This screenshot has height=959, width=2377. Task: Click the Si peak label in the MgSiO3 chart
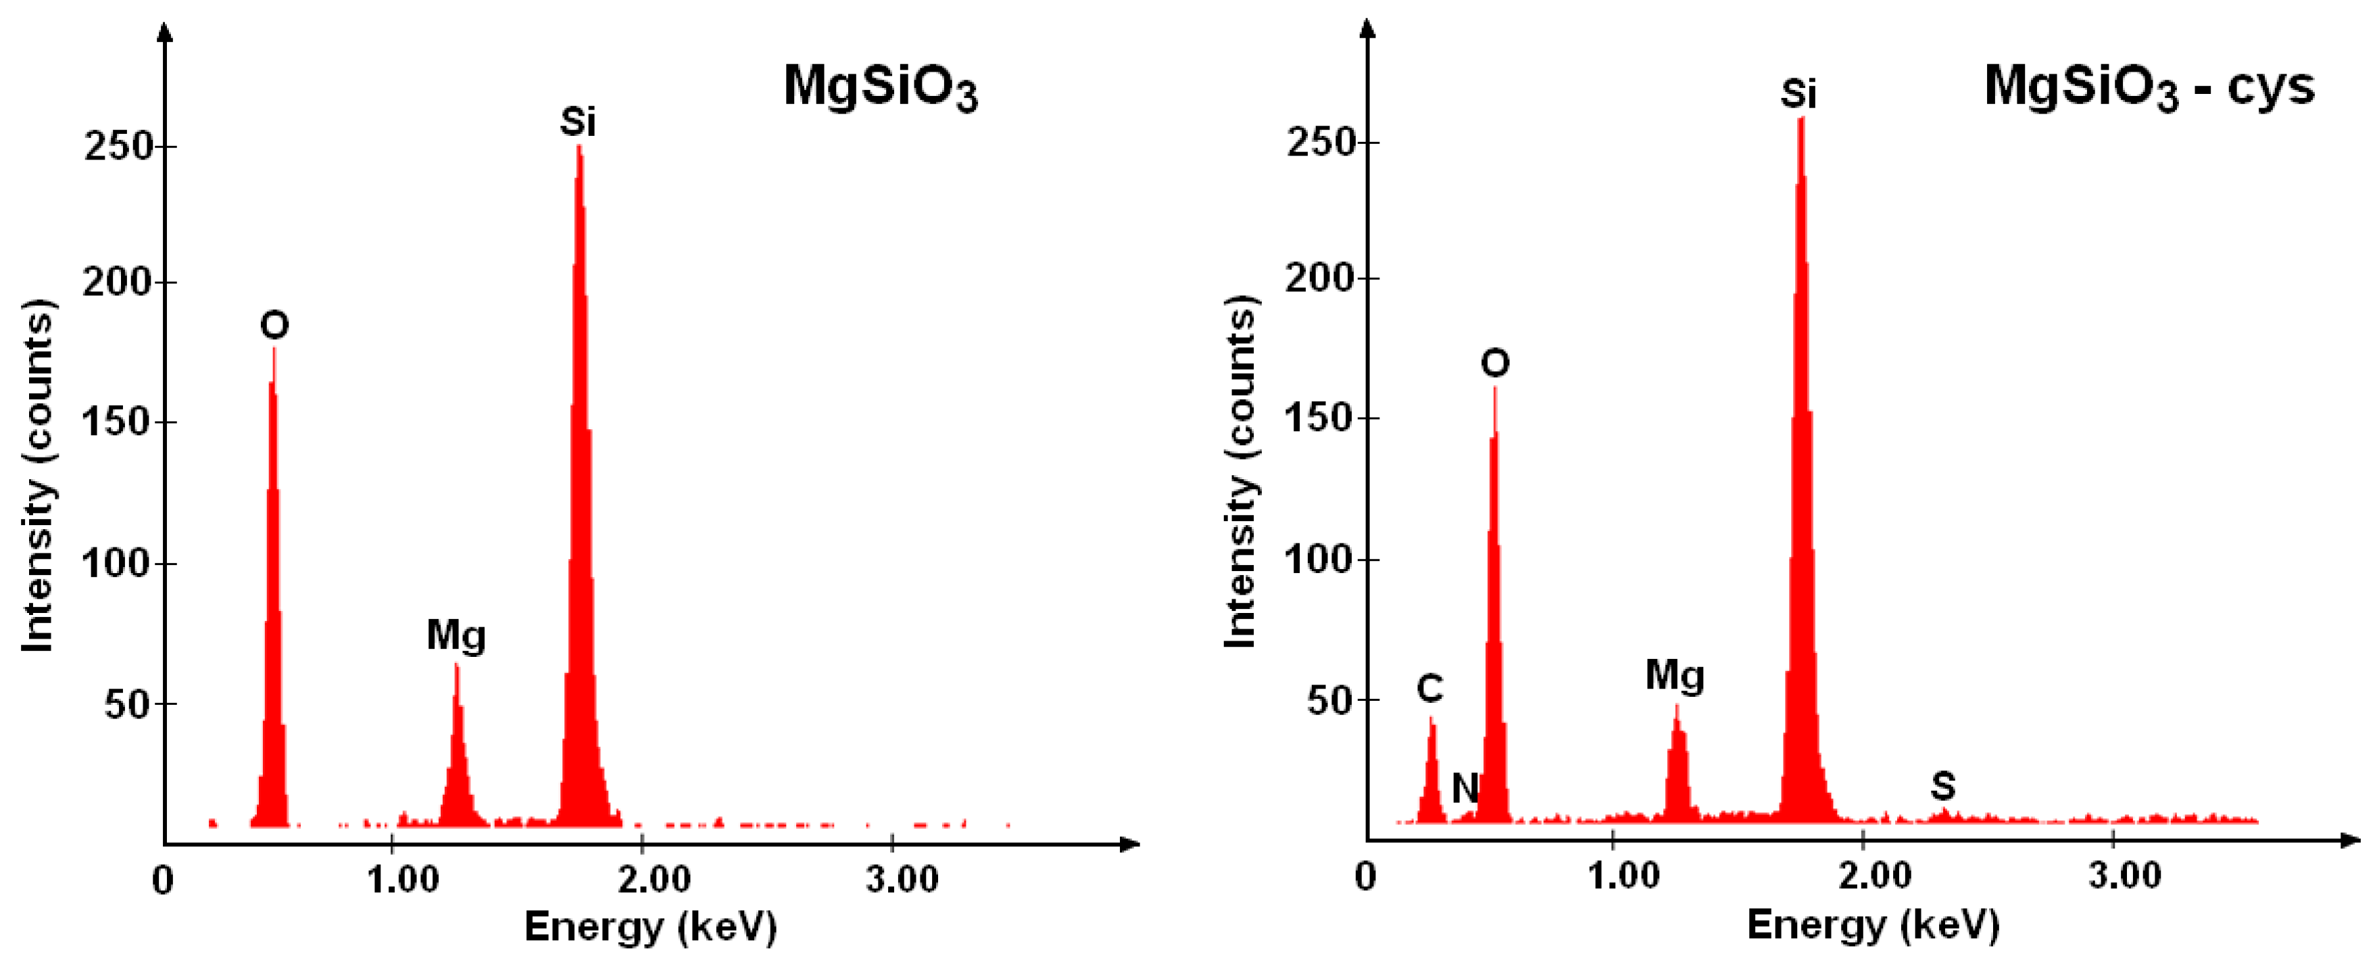(578, 122)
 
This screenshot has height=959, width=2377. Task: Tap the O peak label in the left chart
(274, 325)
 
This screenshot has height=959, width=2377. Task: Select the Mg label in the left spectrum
(456, 635)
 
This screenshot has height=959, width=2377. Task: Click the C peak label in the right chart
(1429, 689)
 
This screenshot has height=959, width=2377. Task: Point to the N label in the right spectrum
(1465, 787)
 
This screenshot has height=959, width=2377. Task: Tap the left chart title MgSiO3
(879, 89)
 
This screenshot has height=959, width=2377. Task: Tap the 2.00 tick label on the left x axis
(654, 880)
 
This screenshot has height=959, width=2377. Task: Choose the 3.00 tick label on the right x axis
(2124, 875)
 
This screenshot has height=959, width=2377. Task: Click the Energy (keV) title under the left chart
(651, 926)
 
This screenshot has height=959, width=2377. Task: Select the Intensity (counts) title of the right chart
(1240, 472)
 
